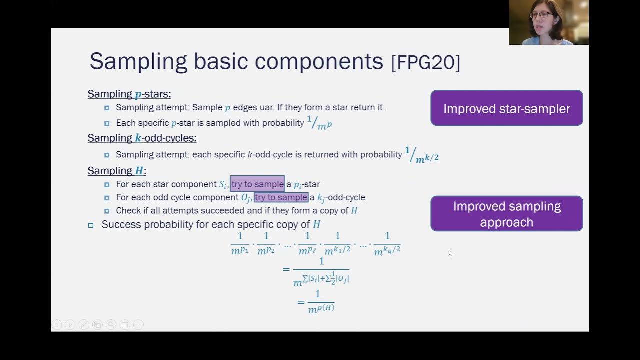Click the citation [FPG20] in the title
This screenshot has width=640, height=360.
coord(426,63)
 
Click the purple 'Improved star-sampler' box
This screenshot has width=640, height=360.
coord(506,108)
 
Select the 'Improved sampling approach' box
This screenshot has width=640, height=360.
coord(506,214)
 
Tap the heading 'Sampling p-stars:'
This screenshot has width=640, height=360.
coord(129,94)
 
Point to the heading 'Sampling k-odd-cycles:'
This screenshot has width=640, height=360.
coord(142,138)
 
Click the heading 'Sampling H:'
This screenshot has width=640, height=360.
coord(117,171)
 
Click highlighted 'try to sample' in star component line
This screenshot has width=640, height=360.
coord(257,184)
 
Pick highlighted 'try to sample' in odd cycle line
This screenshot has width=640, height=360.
coord(281,197)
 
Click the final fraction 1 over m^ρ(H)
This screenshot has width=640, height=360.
coord(320,301)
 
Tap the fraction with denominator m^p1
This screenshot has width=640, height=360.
coord(240,243)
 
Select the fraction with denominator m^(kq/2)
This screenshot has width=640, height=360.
coord(387,243)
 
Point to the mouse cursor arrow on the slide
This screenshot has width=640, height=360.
coord(449,252)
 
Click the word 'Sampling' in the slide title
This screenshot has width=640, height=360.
coord(138,61)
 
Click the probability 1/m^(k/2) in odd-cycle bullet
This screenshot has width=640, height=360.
coord(421,155)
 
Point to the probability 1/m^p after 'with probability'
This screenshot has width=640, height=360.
coord(319,123)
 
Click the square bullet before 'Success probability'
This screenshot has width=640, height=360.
coord(90,225)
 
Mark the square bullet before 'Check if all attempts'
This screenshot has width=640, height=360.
coord(107,211)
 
